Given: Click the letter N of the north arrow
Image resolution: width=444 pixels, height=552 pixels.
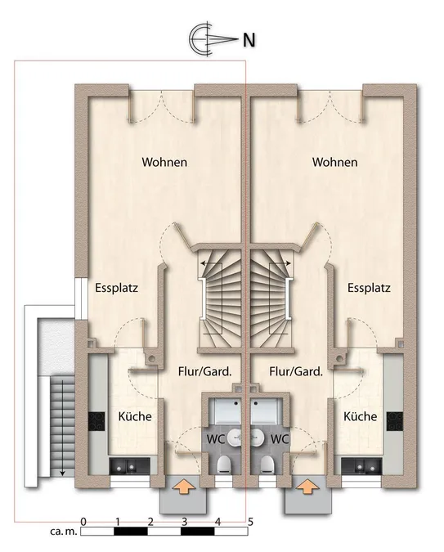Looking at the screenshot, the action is [x=249, y=40].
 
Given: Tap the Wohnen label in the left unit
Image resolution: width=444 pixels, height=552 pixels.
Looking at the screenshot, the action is [x=164, y=162].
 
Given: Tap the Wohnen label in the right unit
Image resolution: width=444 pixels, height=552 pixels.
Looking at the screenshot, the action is [x=335, y=162].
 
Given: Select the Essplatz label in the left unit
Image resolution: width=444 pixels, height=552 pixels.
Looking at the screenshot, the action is [x=117, y=288].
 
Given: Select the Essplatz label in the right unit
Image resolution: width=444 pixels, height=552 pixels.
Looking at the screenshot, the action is [x=369, y=288].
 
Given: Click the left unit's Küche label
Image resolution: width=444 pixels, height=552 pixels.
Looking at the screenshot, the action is [x=135, y=416].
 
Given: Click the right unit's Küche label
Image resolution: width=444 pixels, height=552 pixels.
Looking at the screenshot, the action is [x=361, y=416].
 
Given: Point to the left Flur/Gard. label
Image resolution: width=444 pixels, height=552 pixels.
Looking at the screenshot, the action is [x=205, y=371].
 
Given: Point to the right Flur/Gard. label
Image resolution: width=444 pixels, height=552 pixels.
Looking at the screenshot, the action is [x=296, y=371].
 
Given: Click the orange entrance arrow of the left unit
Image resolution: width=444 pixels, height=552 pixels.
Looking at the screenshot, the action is [x=183, y=487].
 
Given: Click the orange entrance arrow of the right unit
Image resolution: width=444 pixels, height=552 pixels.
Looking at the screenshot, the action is [x=307, y=487].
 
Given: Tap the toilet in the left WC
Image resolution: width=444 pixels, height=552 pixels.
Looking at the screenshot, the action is [x=224, y=464].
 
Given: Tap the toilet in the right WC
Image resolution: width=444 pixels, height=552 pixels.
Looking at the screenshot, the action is [x=267, y=464].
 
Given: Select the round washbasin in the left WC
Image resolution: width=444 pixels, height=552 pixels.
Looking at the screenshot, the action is [x=235, y=438].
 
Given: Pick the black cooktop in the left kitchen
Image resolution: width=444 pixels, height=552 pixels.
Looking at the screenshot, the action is [x=96, y=421].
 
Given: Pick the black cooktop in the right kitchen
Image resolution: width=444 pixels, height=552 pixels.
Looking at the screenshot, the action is [x=395, y=421].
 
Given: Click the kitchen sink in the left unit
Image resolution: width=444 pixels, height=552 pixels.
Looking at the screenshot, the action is [x=129, y=466].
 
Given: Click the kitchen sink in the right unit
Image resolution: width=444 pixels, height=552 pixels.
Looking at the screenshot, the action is [x=361, y=466].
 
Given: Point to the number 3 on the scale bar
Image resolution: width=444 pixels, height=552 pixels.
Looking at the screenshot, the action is [x=184, y=522].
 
